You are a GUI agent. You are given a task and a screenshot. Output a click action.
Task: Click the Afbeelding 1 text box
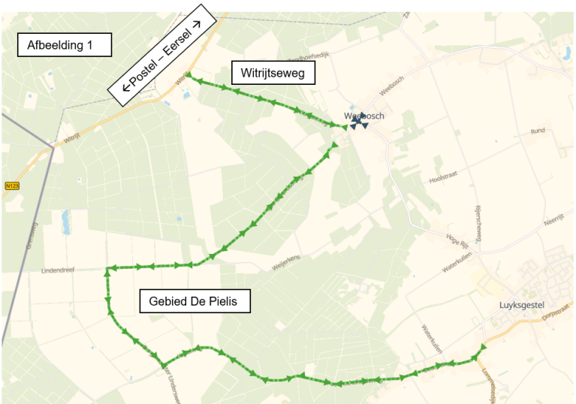[x=65, y=46]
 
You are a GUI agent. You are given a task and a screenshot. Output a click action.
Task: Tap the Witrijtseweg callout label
[x=273, y=73]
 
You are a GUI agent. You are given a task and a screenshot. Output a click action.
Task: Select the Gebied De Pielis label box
[x=195, y=302]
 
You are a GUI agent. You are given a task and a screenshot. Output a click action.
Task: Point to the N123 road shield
[x=11, y=185]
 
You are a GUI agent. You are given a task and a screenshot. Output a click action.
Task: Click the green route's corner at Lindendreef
[x=107, y=268]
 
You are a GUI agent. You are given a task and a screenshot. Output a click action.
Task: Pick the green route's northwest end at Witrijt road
[x=187, y=75]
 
